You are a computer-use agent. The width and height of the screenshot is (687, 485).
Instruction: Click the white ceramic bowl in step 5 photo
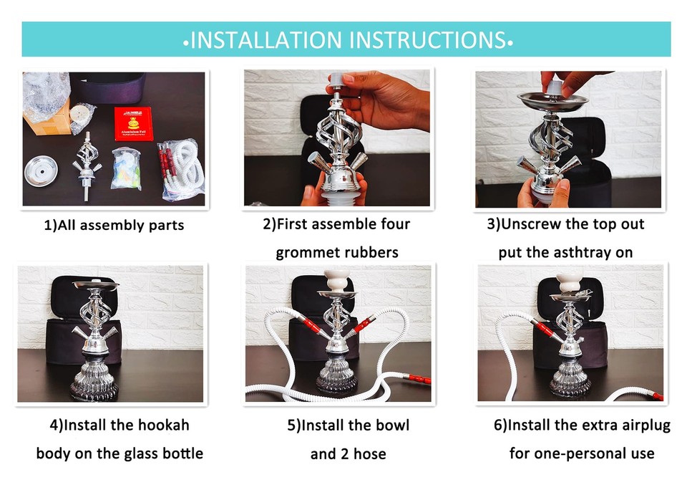[x=336, y=278]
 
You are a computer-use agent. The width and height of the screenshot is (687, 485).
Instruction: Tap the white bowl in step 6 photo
[x=570, y=280]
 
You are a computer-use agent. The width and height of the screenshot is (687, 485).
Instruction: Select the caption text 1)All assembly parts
[x=114, y=225]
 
